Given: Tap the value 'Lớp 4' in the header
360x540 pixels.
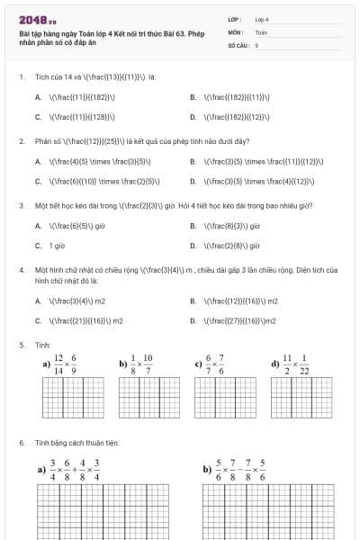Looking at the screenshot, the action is coord(262,19).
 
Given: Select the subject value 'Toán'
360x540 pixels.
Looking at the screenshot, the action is coord(261,31).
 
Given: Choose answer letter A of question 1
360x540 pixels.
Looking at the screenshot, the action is coord(39,96).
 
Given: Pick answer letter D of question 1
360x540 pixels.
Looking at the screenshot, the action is coord(193,116).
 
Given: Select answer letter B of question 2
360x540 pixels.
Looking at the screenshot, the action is coord(193,161).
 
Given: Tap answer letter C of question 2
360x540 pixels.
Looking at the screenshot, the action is coord(39,181).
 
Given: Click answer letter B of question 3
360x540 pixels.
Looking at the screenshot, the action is coord(193,226).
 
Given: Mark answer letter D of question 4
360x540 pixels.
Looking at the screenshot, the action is coord(193,319).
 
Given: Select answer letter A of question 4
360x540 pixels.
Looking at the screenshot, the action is coord(39,300).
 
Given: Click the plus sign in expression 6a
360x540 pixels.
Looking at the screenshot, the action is coord(77,469).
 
